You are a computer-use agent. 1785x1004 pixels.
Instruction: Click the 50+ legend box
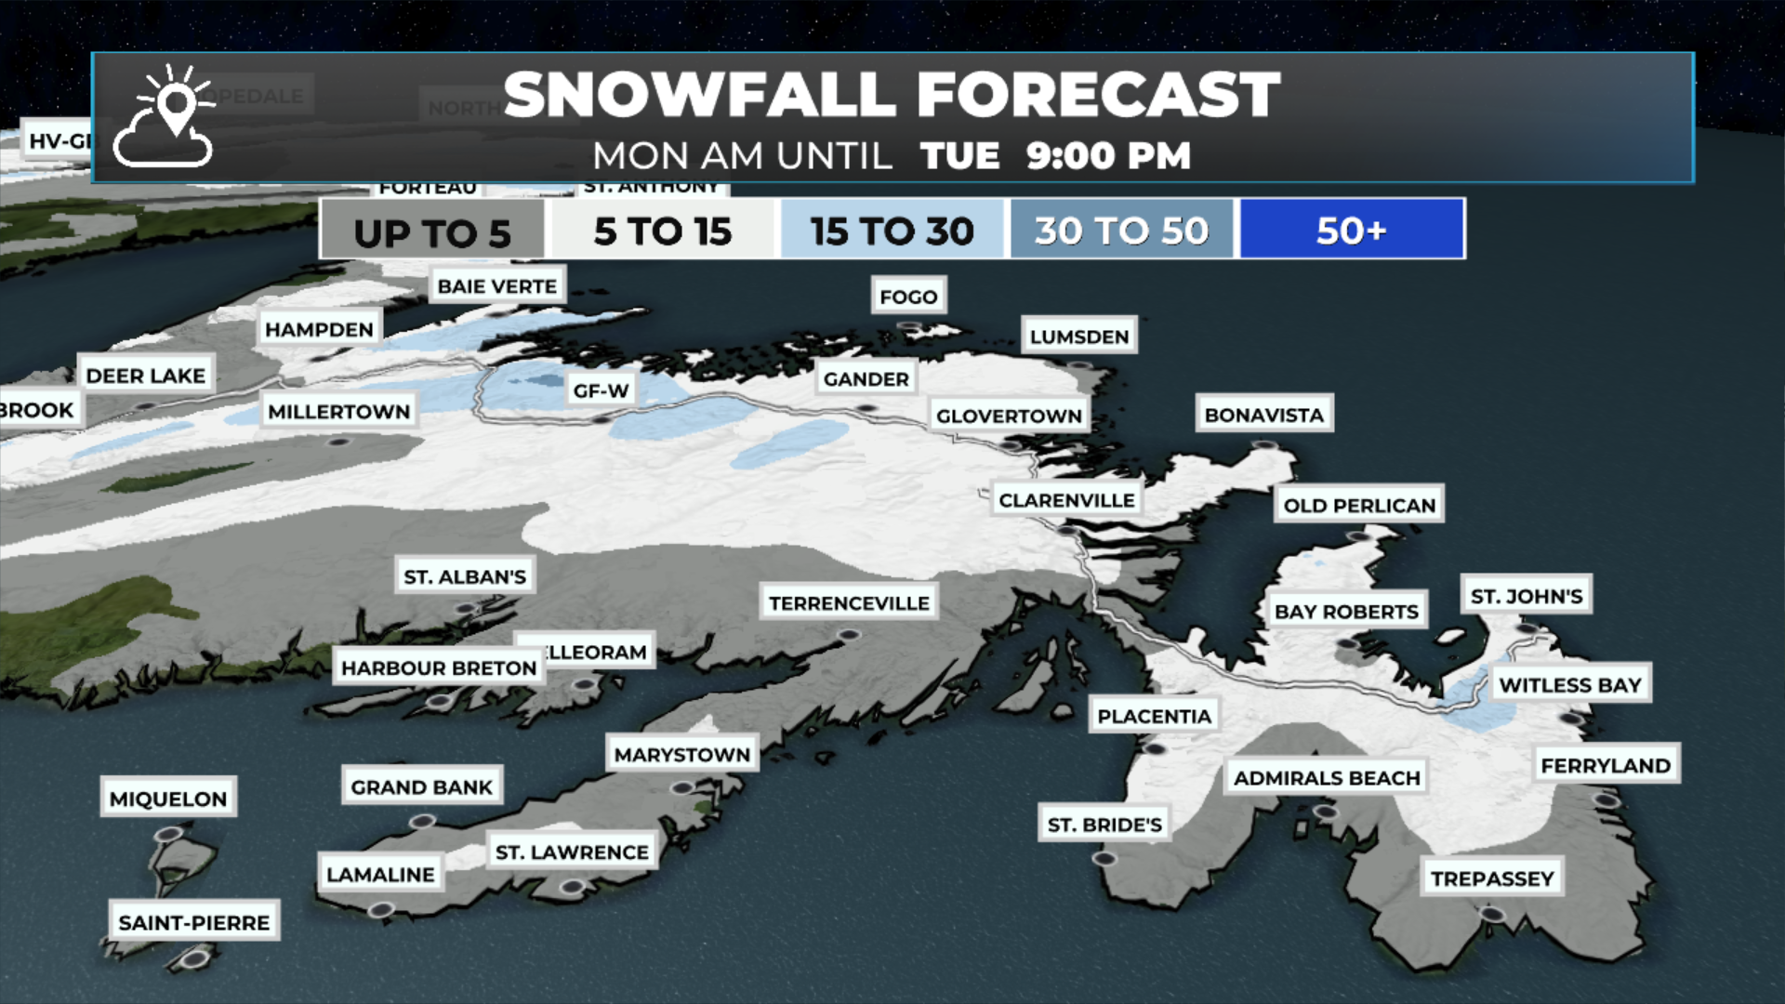[x=1352, y=230]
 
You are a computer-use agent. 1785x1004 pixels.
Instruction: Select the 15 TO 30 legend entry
[x=892, y=230]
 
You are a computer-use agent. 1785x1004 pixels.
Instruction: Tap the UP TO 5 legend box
[x=432, y=231]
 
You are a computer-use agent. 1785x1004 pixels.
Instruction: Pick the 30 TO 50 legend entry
[x=1122, y=230]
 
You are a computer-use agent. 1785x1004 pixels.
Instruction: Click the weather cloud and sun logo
[x=165, y=118]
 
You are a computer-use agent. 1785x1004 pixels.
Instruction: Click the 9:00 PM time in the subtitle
[x=1108, y=156]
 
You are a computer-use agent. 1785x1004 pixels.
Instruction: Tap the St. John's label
[x=1526, y=596]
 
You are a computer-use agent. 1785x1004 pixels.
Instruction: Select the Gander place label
[x=866, y=378]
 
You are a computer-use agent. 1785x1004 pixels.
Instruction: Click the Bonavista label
[x=1263, y=415]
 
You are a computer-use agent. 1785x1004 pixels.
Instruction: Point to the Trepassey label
[x=1491, y=878]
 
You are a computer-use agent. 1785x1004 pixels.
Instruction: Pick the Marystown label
[x=681, y=755]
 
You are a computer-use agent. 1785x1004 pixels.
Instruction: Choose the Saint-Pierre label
[x=193, y=922]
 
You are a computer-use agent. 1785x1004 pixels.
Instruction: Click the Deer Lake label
[x=145, y=376]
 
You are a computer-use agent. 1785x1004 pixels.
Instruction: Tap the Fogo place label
[x=908, y=297]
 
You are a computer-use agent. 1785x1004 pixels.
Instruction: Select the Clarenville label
[x=1066, y=500]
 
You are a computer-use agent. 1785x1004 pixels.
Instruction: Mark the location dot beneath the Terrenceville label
[x=848, y=635]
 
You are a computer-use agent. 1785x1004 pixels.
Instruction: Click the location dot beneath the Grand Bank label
[x=422, y=822]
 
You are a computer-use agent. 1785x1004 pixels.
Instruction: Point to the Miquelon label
[x=167, y=799]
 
